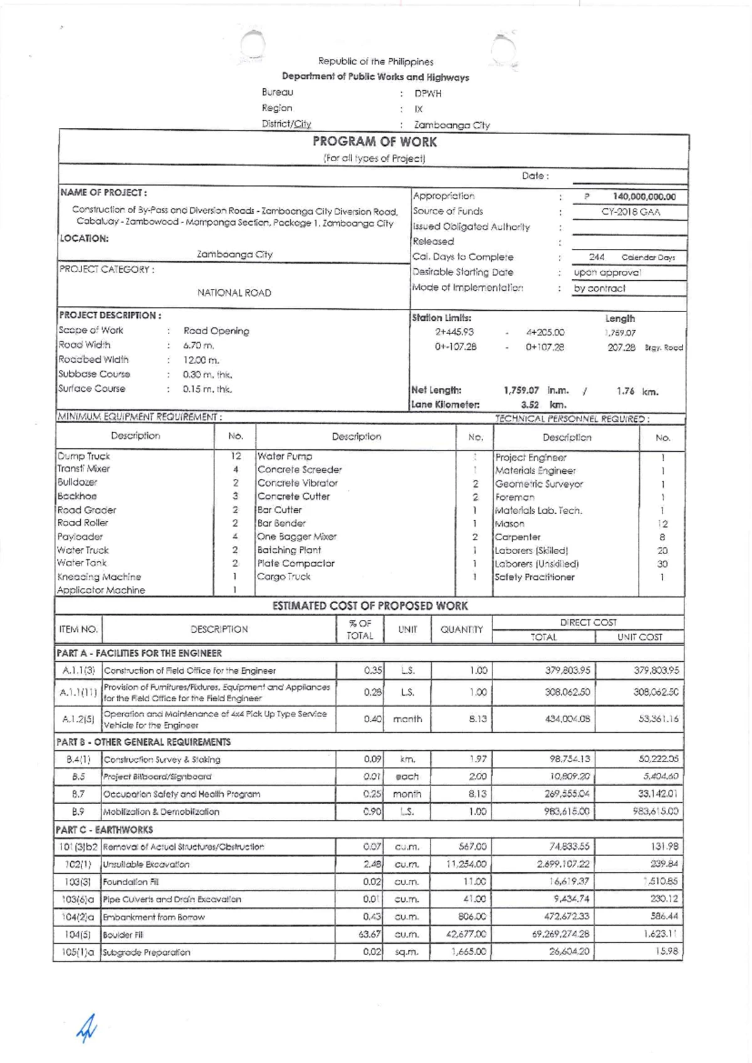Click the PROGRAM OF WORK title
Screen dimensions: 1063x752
click(375, 142)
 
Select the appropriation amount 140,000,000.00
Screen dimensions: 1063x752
click(644, 197)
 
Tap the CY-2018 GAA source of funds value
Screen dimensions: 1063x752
click(630, 212)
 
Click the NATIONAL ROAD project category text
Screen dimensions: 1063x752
click(234, 293)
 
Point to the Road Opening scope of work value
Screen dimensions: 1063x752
click(216, 331)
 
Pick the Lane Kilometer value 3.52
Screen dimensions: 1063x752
click(530, 405)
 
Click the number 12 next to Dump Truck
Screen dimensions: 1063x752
click(236, 456)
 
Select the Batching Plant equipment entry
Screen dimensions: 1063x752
click(289, 550)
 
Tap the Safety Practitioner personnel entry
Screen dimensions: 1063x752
click(534, 577)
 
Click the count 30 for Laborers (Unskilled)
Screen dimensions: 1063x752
click(662, 564)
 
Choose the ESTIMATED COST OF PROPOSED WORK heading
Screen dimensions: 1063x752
click(370, 606)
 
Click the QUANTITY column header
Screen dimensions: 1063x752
click(461, 629)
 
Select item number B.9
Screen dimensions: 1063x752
click(78, 812)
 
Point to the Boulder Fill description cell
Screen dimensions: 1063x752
click(123, 935)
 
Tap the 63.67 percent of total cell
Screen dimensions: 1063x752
click(370, 935)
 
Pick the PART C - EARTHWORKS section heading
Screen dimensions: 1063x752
click(105, 830)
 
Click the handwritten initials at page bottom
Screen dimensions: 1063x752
click(86, 1028)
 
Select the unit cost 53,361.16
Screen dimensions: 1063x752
click(658, 719)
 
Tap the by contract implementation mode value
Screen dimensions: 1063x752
click(599, 289)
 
